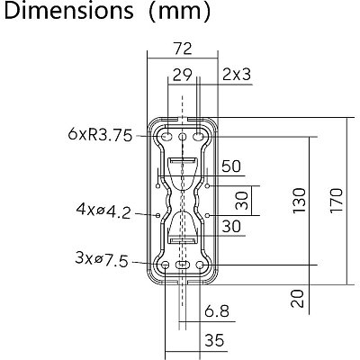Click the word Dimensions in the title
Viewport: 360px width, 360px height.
(68, 11)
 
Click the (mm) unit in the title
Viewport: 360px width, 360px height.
(180, 12)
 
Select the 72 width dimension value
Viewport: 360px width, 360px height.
(183, 49)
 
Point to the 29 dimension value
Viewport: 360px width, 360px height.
(182, 75)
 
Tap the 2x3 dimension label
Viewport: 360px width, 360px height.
(237, 75)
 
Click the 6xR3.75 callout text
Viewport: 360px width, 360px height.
(100, 135)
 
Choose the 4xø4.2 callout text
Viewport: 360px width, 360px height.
(103, 211)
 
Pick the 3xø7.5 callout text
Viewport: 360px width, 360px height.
(102, 259)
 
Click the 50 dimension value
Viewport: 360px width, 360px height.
(231, 166)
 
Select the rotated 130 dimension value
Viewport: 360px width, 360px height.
(299, 201)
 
